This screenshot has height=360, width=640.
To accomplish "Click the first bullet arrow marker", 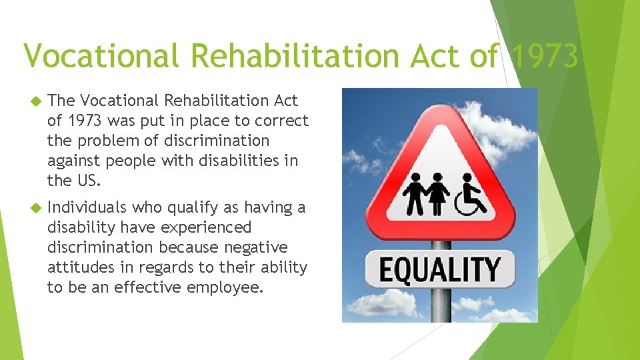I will click(35, 101).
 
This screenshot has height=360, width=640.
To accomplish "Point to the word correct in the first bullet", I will click(285, 121).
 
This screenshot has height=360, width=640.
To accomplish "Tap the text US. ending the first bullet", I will click(89, 181).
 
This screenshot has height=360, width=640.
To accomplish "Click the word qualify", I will click(194, 208).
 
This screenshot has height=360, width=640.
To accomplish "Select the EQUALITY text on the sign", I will click(440, 269).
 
